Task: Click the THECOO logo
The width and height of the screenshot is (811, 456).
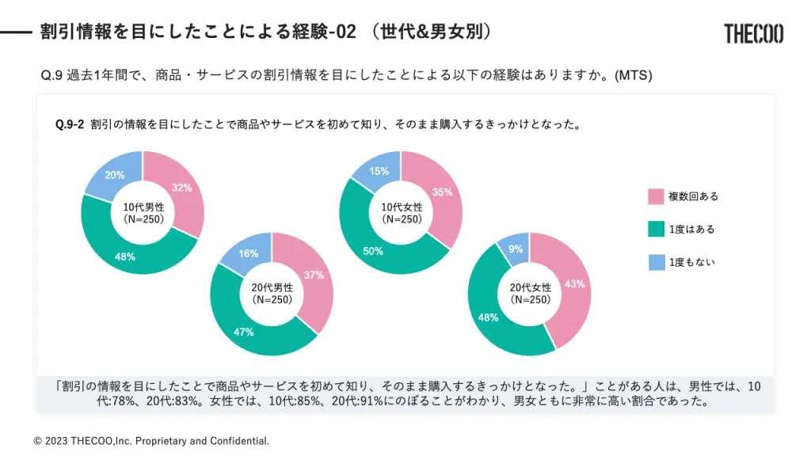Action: tap(753, 33)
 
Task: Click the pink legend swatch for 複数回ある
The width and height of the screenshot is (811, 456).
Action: tap(657, 196)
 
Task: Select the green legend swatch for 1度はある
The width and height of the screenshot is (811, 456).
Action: tap(657, 230)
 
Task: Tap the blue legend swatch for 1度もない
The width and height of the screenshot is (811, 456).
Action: tap(657, 262)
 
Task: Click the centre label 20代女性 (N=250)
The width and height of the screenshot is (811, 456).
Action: tap(530, 294)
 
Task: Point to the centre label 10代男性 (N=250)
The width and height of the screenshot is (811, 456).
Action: tap(143, 213)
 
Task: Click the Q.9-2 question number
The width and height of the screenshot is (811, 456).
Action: tap(70, 124)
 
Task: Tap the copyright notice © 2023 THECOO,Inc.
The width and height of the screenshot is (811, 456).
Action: tap(151, 440)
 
